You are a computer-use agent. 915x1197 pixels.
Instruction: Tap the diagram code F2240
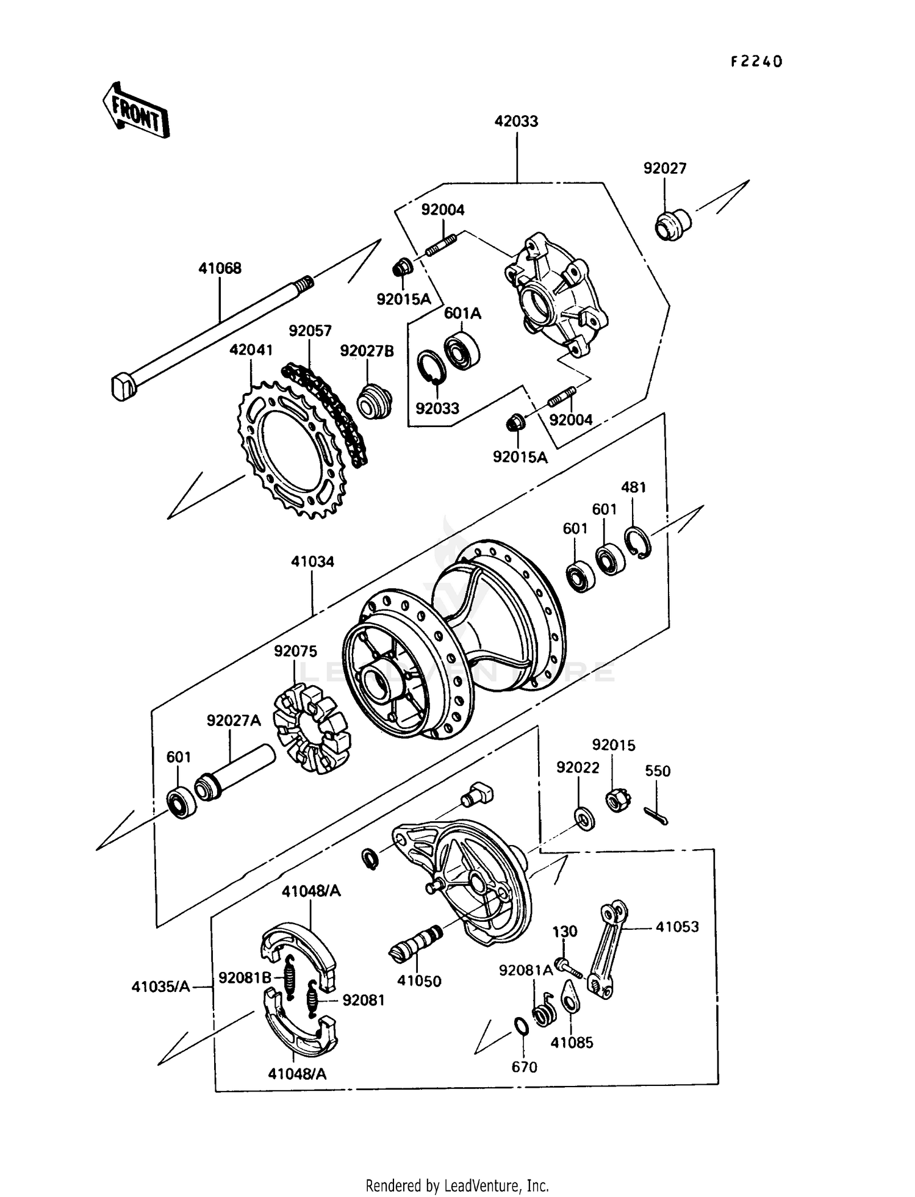click(x=756, y=62)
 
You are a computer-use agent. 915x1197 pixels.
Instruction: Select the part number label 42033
click(x=516, y=121)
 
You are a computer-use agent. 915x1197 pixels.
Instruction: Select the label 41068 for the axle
click(x=220, y=268)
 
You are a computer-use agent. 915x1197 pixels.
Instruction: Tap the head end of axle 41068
click(x=123, y=387)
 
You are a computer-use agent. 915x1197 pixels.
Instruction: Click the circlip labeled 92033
click(x=432, y=369)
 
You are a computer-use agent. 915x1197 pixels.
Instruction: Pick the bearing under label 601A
click(x=462, y=351)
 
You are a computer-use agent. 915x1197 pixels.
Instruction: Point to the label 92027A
click(x=234, y=721)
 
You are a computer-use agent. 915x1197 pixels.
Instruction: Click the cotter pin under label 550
click(x=656, y=815)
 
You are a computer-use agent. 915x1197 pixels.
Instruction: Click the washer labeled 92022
click(x=584, y=818)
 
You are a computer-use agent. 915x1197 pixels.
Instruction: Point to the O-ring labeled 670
click(x=520, y=1026)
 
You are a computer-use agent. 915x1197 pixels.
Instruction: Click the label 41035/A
click(x=161, y=986)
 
